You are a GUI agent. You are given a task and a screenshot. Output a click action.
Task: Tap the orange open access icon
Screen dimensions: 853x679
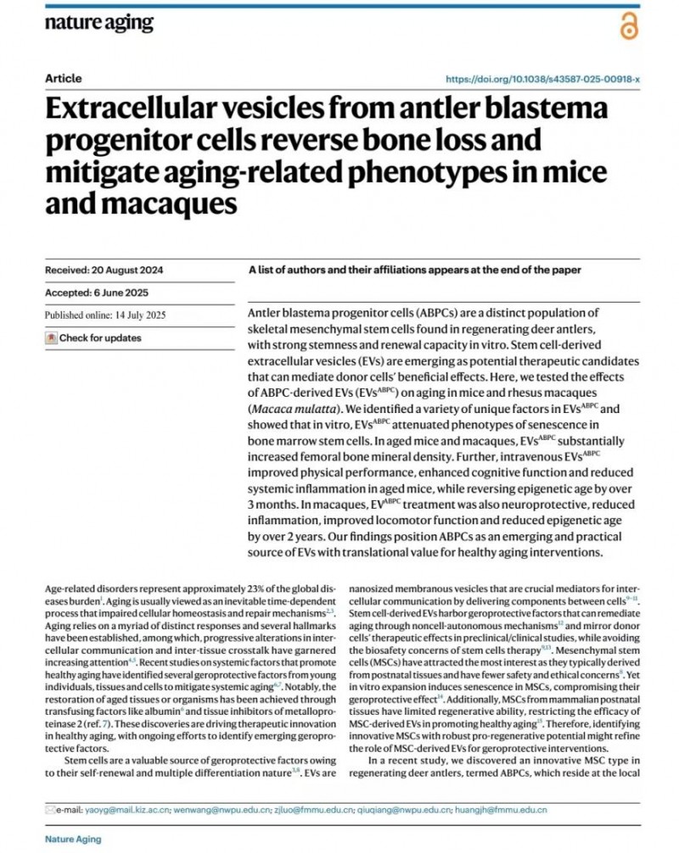[x=628, y=26]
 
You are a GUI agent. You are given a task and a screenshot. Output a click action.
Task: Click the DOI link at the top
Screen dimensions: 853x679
[x=542, y=79]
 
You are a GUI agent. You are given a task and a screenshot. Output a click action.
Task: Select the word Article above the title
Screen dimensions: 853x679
[x=64, y=79]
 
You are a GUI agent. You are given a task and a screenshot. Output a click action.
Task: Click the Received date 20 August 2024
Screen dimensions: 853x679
[x=104, y=270]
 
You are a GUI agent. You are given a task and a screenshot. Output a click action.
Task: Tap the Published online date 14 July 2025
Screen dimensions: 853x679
[x=105, y=315]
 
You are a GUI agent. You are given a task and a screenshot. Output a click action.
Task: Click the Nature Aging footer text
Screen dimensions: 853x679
[x=72, y=839]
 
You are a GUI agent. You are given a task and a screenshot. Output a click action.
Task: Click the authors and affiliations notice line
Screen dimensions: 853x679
[x=414, y=270]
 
